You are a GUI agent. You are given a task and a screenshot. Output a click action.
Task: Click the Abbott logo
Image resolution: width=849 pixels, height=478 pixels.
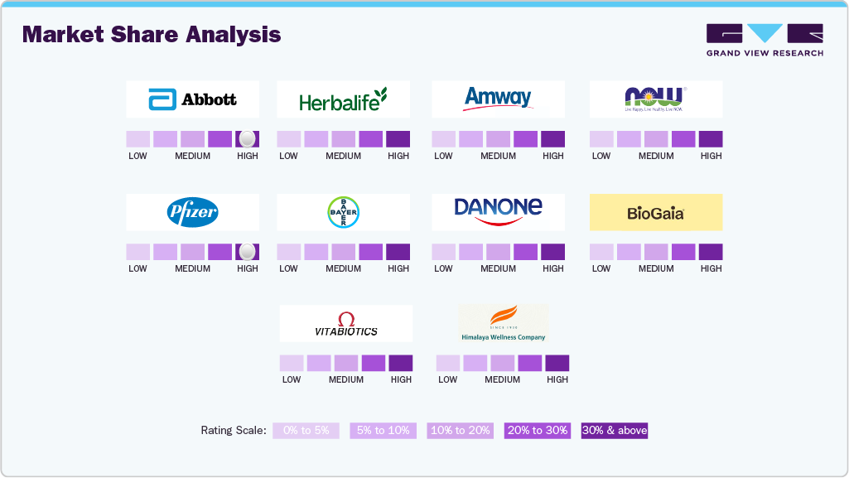tap(192, 99)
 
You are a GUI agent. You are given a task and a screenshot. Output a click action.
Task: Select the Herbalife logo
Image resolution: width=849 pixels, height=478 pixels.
tap(343, 100)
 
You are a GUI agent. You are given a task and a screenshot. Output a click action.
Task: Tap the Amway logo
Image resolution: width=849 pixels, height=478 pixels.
tap(498, 99)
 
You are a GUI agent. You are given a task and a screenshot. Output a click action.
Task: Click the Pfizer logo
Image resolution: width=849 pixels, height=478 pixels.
tap(192, 212)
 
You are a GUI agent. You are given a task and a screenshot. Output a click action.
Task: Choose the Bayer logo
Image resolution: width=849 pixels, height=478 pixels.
tap(343, 212)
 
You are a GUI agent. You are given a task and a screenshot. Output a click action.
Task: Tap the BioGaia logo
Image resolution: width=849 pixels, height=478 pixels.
tap(655, 213)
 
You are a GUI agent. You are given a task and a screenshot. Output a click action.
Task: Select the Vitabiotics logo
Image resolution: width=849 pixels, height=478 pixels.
tap(345, 324)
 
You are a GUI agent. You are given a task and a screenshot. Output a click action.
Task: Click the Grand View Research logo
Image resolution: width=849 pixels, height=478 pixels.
tap(765, 40)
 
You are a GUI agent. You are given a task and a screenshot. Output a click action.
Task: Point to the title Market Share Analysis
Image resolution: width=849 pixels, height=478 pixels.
tap(152, 35)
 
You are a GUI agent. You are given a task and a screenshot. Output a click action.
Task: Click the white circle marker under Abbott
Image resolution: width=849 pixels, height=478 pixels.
tap(247, 139)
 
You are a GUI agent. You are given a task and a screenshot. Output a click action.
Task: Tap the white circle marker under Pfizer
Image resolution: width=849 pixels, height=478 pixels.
tap(247, 252)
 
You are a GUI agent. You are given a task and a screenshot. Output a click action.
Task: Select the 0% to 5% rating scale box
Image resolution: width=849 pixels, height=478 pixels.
tap(306, 431)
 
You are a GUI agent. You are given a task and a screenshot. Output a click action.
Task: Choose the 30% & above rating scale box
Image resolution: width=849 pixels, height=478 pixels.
tap(614, 431)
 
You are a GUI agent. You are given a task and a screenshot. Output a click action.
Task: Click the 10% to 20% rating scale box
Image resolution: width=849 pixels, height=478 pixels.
tap(460, 431)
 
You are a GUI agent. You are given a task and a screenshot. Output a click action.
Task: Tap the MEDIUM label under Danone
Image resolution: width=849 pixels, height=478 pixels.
tap(498, 268)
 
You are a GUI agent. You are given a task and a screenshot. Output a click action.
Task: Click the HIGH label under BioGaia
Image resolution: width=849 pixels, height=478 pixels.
tap(711, 268)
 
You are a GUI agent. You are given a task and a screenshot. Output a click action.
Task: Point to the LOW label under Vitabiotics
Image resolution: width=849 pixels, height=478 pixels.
tap(292, 379)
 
